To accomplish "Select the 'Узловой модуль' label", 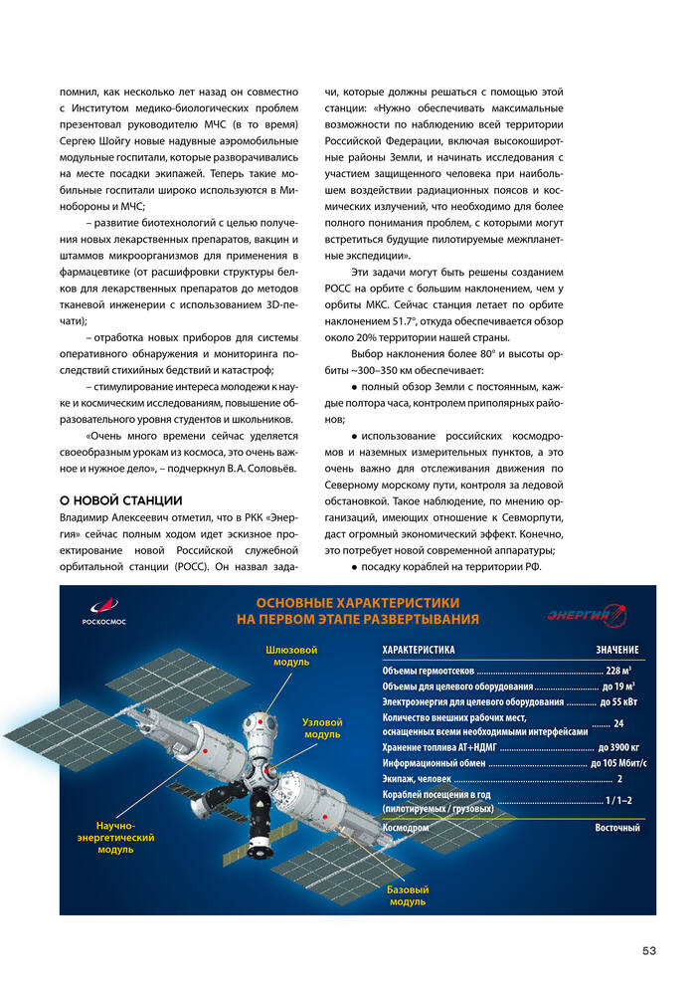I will tap(322, 728).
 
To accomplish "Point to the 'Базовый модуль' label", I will tap(408, 895).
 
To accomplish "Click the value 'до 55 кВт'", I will tap(618, 701).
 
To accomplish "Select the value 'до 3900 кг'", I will tap(617, 747).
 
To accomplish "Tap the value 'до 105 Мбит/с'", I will tap(617, 763).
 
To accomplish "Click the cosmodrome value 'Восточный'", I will tap(617, 828).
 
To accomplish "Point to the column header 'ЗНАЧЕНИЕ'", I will tap(617, 650).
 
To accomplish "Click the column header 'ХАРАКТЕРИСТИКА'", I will tap(419, 650).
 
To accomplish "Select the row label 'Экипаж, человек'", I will tap(417, 779).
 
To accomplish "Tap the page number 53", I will tap(648, 951).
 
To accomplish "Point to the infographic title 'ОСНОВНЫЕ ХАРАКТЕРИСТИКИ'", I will tap(358, 603).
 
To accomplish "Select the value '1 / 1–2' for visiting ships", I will tap(618, 801).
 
